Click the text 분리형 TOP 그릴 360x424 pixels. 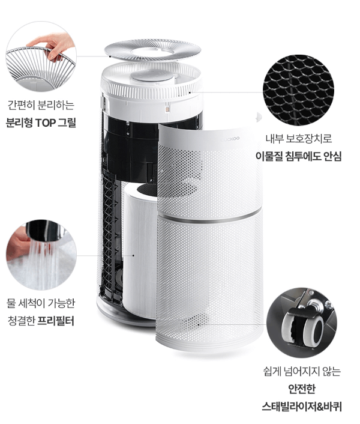41,123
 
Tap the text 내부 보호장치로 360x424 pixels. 298,139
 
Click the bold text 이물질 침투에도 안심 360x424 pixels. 298,157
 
